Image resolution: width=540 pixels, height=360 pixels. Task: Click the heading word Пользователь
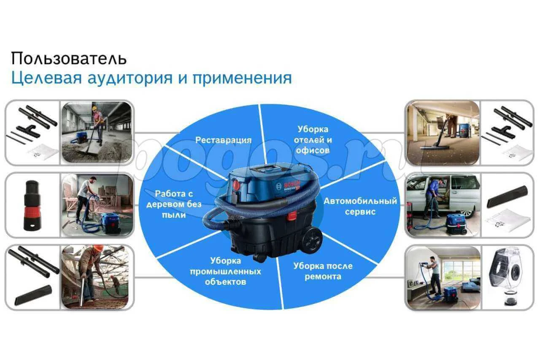pos(69,59)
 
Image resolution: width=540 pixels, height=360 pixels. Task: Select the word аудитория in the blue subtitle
pos(130,78)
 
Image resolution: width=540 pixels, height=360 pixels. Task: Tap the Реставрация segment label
pos(223,140)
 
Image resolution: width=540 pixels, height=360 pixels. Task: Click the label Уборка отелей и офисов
pos(313,140)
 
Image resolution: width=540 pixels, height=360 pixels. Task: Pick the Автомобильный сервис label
pos(360,206)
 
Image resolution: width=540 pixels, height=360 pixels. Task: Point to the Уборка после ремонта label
pos(323,271)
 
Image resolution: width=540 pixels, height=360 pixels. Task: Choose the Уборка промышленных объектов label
pos(225,271)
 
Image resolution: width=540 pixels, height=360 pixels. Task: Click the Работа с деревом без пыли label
pos(174,204)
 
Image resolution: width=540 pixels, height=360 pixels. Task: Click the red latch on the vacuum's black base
pos(292,216)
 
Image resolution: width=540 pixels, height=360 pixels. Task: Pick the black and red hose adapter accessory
pos(32,205)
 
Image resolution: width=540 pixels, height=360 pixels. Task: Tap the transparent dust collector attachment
pos(506,277)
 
